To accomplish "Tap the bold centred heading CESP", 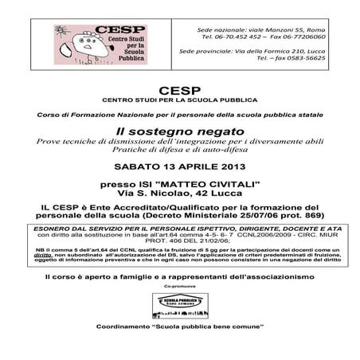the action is coord(179,90).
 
